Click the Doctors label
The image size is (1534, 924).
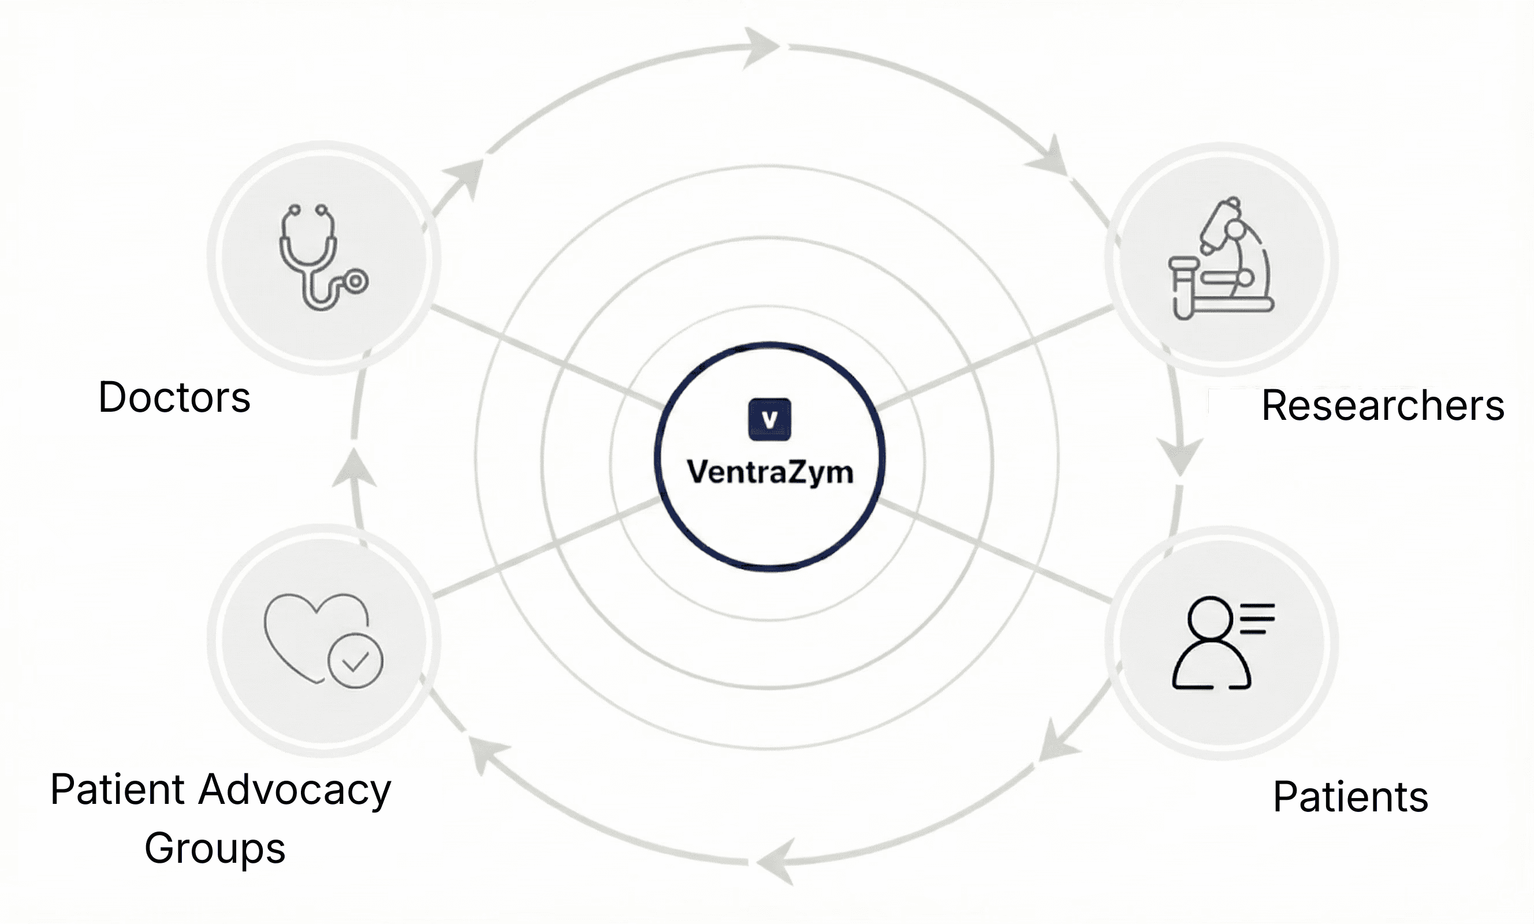174,397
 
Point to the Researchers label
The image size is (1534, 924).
1382,406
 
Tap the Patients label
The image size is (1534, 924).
1350,797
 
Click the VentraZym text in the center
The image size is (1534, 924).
769,472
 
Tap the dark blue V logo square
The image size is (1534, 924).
769,420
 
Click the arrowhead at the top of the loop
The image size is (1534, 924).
761,47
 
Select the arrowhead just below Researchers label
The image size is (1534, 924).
1179,456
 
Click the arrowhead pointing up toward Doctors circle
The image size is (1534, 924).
353,468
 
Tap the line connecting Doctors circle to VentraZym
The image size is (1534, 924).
548,357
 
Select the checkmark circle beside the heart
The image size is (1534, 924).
355,661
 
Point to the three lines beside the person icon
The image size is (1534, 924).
1257,619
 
